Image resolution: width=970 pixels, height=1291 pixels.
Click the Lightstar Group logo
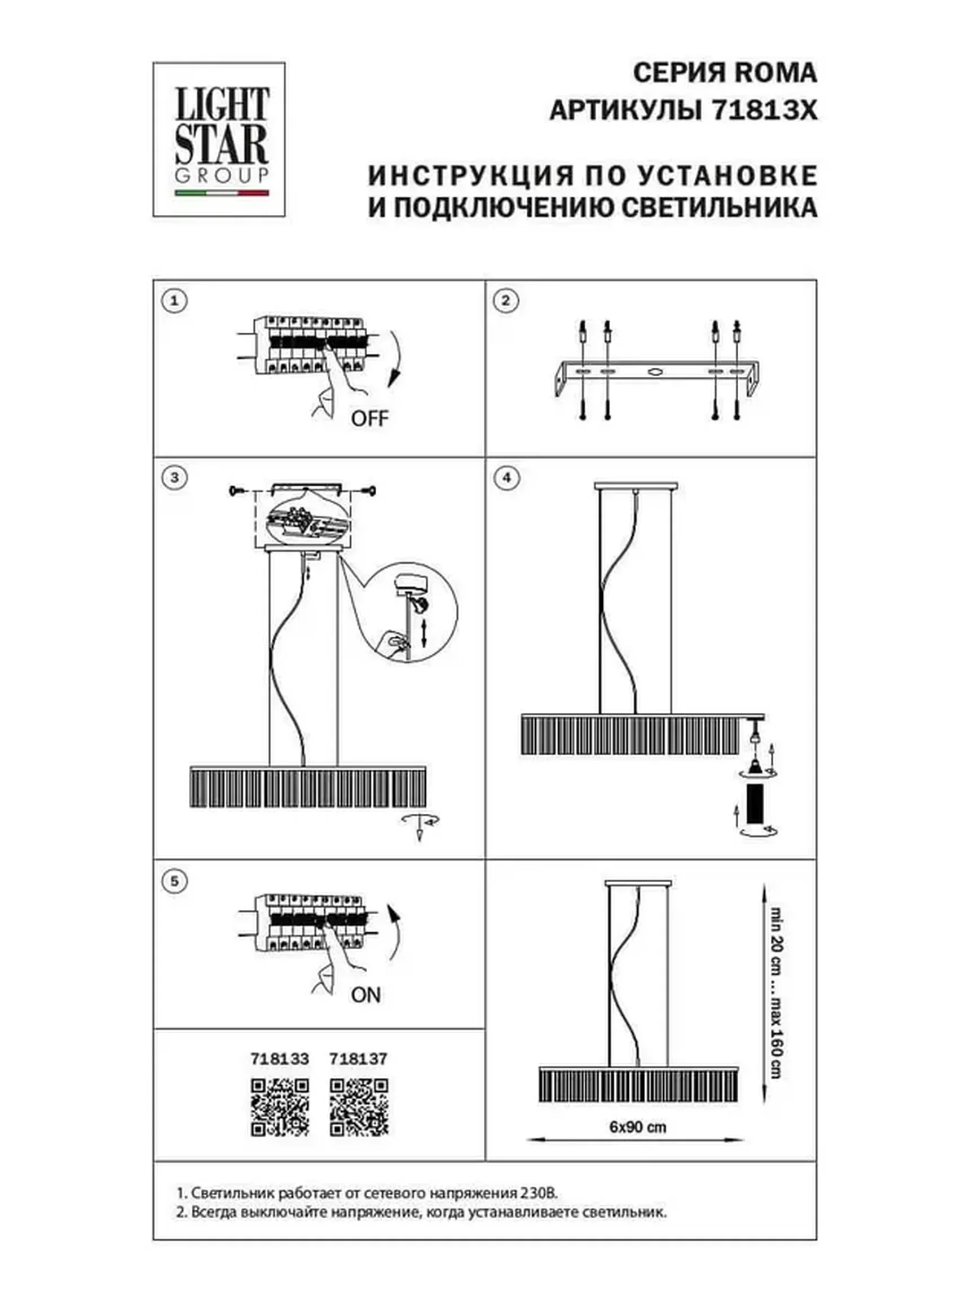tap(219, 140)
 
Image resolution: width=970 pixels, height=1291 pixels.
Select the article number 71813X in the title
tap(765, 110)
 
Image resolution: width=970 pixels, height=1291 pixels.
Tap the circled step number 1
tap(174, 302)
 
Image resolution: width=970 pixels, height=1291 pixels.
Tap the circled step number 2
tap(505, 301)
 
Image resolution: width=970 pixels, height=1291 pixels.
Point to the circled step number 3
tap(174, 477)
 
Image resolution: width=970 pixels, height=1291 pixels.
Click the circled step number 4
tap(505, 477)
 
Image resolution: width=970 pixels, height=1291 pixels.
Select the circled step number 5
tap(174, 881)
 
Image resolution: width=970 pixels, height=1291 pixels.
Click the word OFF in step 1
tap(369, 418)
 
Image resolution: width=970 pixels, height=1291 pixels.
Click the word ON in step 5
tap(366, 995)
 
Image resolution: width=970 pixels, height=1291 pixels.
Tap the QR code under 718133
tap(280, 1107)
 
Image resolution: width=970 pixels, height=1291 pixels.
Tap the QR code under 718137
tap(358, 1107)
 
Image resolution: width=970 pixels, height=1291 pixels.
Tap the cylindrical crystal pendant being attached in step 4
tap(756, 803)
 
